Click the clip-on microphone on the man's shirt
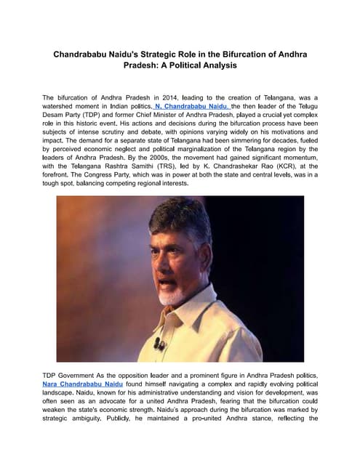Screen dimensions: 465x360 (159, 344)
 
